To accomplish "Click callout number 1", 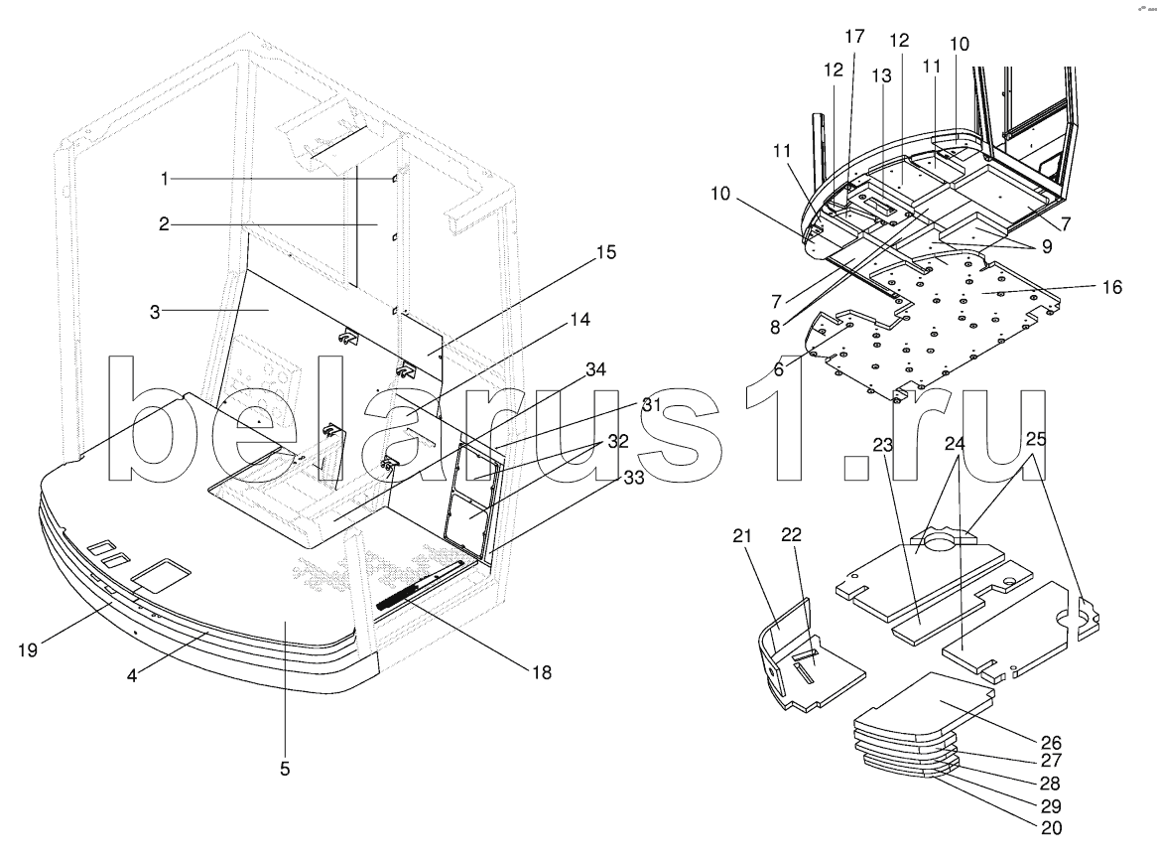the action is [x=165, y=179].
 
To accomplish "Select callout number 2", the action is [x=164, y=223].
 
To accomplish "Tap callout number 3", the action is [x=155, y=312].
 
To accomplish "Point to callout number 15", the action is [x=605, y=252].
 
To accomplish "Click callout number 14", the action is [x=580, y=319].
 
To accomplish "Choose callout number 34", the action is [x=595, y=368].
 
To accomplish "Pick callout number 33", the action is [x=634, y=479].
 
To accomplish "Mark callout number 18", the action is [x=542, y=672].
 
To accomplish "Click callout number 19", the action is [x=28, y=650].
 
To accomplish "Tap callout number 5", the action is [x=285, y=769].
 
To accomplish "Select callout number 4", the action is [x=131, y=675].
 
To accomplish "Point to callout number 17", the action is [x=854, y=36].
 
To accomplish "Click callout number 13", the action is [x=881, y=75].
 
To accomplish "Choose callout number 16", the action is [x=1112, y=287].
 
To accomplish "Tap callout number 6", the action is [x=779, y=369].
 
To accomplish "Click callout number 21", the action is [x=741, y=535].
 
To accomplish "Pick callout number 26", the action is [x=1051, y=743].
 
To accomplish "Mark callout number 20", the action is [x=1051, y=828].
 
